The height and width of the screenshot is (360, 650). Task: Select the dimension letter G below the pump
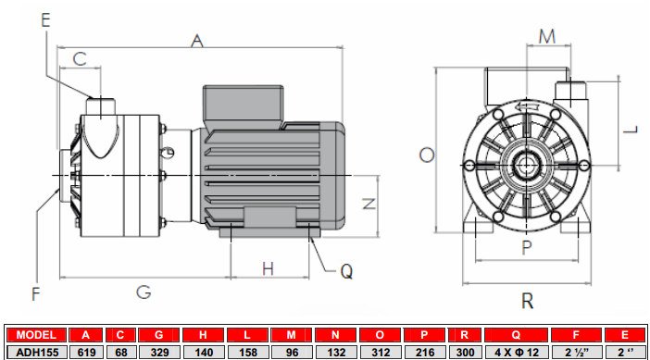pyautogui.click(x=144, y=292)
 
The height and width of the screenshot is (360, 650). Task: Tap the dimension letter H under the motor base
pyautogui.click(x=268, y=268)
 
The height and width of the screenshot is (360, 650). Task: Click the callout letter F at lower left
pyautogui.click(x=36, y=294)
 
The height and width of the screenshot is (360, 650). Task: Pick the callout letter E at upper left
pyautogui.click(x=46, y=16)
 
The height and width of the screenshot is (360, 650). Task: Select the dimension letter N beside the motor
pyautogui.click(x=369, y=204)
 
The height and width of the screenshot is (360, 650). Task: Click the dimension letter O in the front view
pyautogui.click(x=426, y=155)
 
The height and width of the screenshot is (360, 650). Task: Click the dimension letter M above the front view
pyautogui.click(x=547, y=36)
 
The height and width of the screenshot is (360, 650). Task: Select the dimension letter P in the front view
pyautogui.click(x=526, y=247)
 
